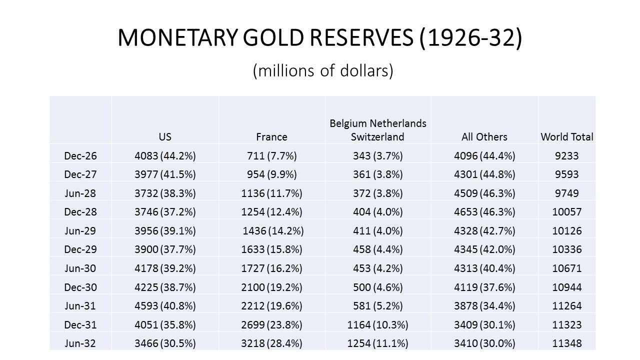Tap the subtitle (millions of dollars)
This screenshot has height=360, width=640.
(x=323, y=71)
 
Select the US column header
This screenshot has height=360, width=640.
(x=165, y=136)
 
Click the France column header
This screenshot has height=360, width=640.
(x=271, y=136)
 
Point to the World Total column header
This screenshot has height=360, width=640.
(x=567, y=136)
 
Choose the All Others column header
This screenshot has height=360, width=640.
(x=484, y=136)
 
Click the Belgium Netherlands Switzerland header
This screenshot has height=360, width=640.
(x=378, y=130)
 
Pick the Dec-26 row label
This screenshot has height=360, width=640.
(x=80, y=155)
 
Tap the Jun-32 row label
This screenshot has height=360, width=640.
(x=80, y=343)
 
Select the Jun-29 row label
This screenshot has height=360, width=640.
(x=80, y=230)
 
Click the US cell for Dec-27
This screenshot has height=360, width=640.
(x=165, y=174)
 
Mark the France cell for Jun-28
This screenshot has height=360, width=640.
(x=271, y=193)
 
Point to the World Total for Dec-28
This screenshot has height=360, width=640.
(x=567, y=212)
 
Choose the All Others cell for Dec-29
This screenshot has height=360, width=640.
(x=484, y=249)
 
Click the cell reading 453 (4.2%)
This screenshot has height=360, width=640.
(x=378, y=268)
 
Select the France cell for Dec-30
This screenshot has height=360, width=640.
(x=271, y=287)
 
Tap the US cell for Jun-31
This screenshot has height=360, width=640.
(x=165, y=306)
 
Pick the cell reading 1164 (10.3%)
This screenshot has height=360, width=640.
(x=378, y=324)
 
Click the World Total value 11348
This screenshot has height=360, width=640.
(x=567, y=343)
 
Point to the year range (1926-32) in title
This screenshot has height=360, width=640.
(x=471, y=38)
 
